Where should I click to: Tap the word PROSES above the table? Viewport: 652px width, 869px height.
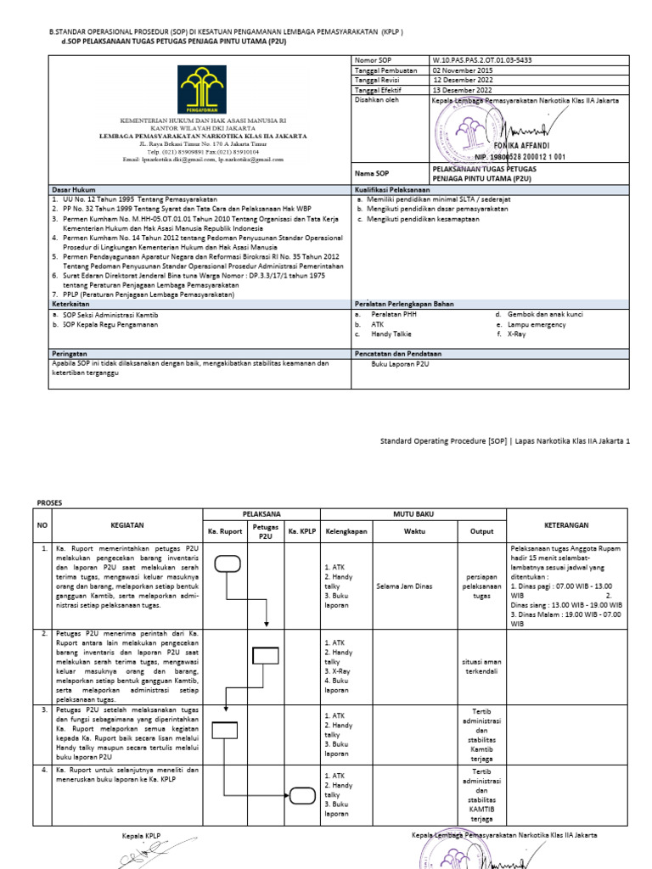pyautogui.click(x=51, y=502)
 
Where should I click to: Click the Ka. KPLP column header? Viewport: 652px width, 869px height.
pyautogui.click(x=301, y=531)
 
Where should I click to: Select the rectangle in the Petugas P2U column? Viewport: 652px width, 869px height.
pyautogui.click(x=266, y=654)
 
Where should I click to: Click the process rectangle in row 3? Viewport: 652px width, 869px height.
pyautogui.click(x=224, y=730)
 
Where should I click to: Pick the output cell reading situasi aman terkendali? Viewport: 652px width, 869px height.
pyautogui.click(x=481, y=665)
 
